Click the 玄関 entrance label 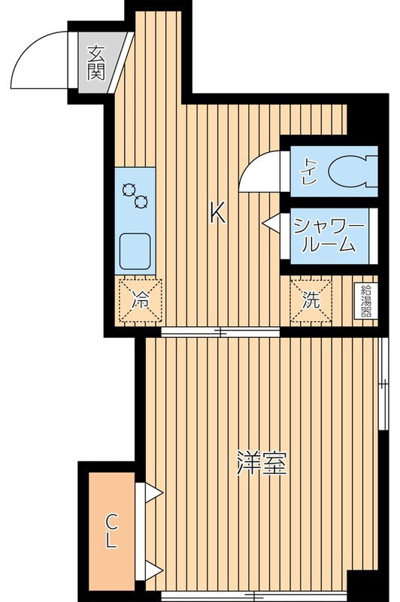(95, 62)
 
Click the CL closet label (111, 529)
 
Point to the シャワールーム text (329, 234)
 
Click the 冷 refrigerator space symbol (140, 299)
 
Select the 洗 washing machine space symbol (311, 299)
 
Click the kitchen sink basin (135, 250)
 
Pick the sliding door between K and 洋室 (220, 332)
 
